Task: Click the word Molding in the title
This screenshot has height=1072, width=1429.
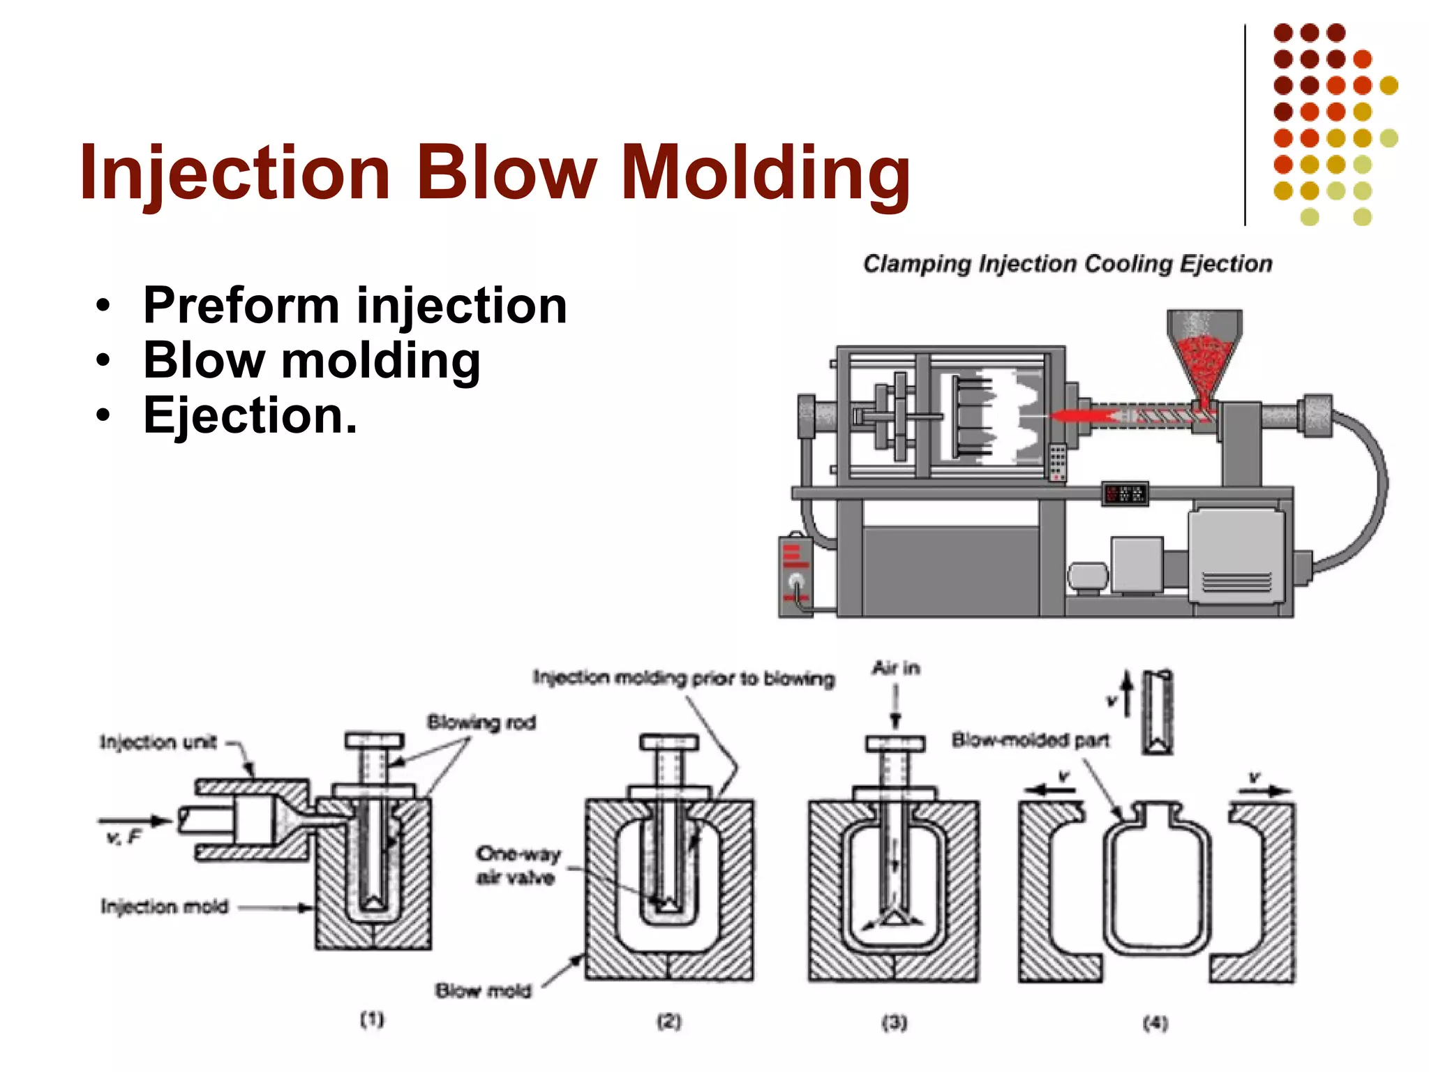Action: pyautogui.click(x=765, y=173)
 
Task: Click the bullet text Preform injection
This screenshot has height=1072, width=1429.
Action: pyautogui.click(x=354, y=306)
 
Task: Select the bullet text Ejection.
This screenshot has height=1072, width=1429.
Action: pyautogui.click(x=250, y=416)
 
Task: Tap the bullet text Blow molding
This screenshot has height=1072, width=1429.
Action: pyautogui.click(x=311, y=361)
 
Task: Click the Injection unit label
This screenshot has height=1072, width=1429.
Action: pyautogui.click(x=158, y=741)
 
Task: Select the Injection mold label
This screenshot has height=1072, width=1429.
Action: pyautogui.click(x=165, y=907)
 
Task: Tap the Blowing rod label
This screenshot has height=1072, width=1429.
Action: pyautogui.click(x=481, y=722)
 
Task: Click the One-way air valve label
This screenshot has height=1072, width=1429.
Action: pyautogui.click(x=518, y=865)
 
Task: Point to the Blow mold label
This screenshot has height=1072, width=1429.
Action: pyautogui.click(x=484, y=990)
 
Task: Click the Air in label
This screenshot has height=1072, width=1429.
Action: pyautogui.click(x=896, y=669)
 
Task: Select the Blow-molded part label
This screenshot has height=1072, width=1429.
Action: pyautogui.click(x=1031, y=740)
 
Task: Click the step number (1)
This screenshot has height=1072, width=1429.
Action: pyautogui.click(x=372, y=1020)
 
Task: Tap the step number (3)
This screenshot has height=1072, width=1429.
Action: pyautogui.click(x=895, y=1023)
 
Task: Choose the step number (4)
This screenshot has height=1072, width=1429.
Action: pyautogui.click(x=1155, y=1023)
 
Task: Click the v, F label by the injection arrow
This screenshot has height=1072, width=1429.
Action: pyautogui.click(x=124, y=836)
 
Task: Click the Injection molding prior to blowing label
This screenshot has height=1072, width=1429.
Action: pyautogui.click(x=684, y=678)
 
